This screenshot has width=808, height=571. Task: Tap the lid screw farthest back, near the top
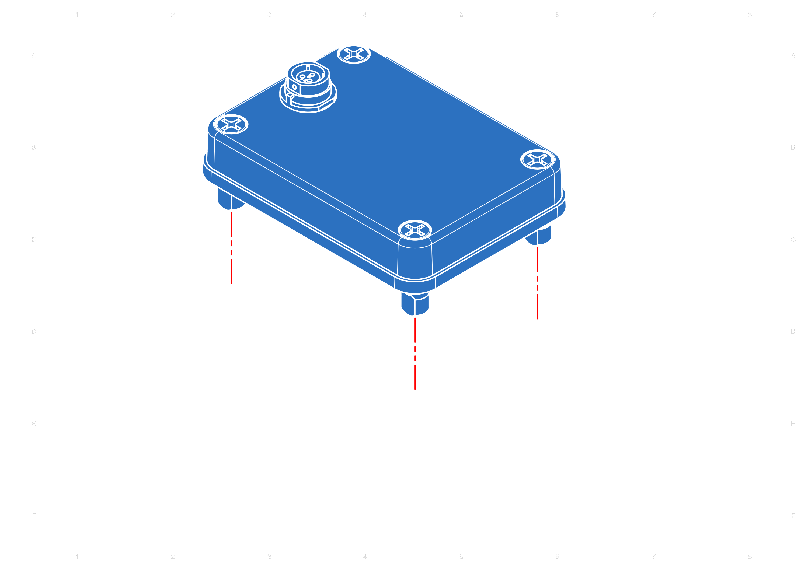pyautogui.click(x=354, y=54)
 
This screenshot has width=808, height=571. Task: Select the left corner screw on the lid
pyautogui.click(x=231, y=124)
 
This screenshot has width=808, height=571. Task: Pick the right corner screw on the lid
pyautogui.click(x=537, y=160)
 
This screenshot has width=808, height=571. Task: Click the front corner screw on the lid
pyautogui.click(x=415, y=230)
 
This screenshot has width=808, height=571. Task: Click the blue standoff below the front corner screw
pyautogui.click(x=415, y=304)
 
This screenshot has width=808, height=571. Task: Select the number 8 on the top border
pyautogui.click(x=750, y=15)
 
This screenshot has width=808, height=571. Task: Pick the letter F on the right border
pyautogui.click(x=793, y=516)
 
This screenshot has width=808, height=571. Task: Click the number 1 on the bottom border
pyautogui.click(x=77, y=556)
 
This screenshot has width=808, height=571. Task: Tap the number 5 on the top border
pyautogui.click(x=461, y=15)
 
